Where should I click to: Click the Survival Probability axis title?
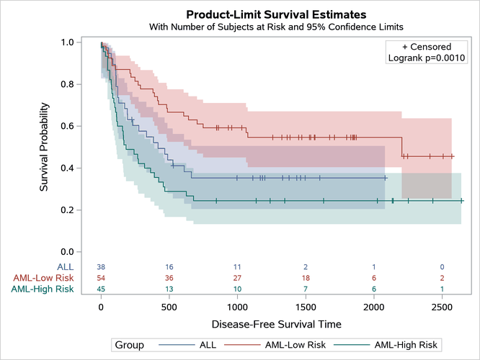click(x=45, y=147)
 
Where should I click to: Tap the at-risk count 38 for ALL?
click(x=101, y=267)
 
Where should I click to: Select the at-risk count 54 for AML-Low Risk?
click(x=101, y=278)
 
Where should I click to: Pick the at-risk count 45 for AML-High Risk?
click(x=101, y=289)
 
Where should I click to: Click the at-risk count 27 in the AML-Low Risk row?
click(x=237, y=278)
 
